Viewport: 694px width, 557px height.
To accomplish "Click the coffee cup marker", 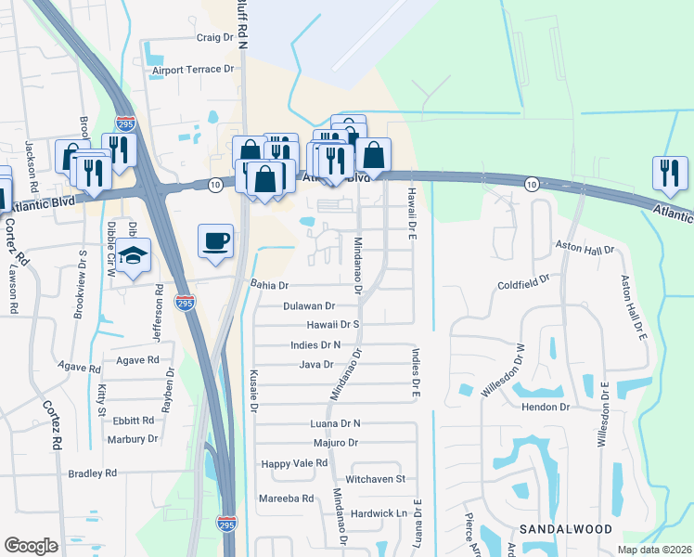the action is tap(215, 241).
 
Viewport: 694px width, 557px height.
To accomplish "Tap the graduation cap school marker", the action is tap(133, 255).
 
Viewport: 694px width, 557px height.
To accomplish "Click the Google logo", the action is tap(32, 546).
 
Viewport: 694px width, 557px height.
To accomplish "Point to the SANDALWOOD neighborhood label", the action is tap(565, 528).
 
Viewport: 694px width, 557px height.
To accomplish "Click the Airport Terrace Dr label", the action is tap(193, 70).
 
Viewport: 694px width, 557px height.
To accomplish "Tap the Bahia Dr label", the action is tap(270, 285).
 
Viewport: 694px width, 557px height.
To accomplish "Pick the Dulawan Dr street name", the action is tap(308, 305).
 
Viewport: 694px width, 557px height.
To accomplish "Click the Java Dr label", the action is tap(315, 365).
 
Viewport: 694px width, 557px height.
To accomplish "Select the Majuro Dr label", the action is tap(336, 443).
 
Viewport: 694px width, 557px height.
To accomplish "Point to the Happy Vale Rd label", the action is tap(294, 462).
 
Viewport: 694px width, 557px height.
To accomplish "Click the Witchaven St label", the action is tap(375, 479).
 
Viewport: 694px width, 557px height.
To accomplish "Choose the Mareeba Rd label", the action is tap(287, 499).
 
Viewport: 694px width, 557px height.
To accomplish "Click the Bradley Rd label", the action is tap(92, 473).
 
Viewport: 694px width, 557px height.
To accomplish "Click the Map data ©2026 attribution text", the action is tap(652, 550).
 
